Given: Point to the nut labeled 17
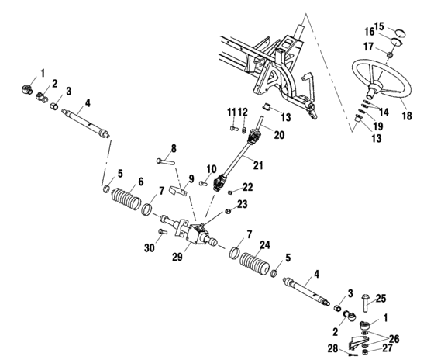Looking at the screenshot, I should point(391,54).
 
